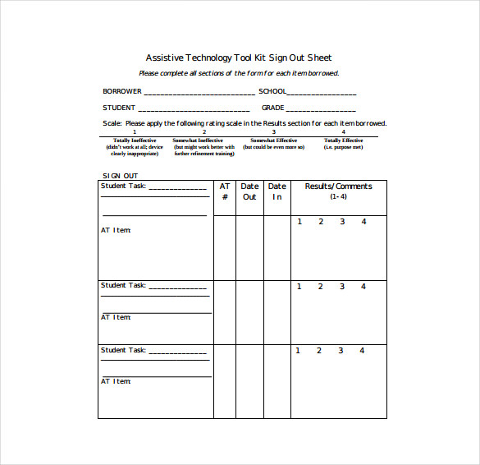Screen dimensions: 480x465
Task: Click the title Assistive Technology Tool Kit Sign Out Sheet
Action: (x=239, y=58)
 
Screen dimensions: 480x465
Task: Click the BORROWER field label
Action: (x=122, y=91)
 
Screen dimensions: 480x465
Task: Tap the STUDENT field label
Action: (x=119, y=108)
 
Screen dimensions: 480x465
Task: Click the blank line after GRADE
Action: (x=321, y=109)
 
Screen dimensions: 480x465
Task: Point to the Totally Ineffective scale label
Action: (x=135, y=140)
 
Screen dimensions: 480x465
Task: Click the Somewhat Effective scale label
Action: (x=274, y=140)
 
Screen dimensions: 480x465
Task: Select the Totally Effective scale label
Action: (x=343, y=140)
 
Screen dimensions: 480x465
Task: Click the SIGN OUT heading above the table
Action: (x=120, y=176)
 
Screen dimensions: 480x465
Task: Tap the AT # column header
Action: (x=225, y=191)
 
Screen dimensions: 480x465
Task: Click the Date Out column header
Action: (x=249, y=191)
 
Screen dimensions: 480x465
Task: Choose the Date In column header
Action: (x=277, y=191)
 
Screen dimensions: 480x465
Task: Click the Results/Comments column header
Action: (x=338, y=186)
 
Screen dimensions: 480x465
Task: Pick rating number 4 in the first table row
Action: (x=363, y=222)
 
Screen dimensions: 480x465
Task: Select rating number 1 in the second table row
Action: (x=299, y=287)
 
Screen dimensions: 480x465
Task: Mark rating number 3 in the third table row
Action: (x=341, y=351)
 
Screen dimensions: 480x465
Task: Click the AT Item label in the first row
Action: (x=116, y=230)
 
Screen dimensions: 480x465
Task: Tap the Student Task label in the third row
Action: (x=123, y=350)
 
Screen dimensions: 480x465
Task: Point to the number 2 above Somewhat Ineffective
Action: (x=204, y=131)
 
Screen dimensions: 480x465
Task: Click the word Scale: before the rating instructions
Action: (x=112, y=123)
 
